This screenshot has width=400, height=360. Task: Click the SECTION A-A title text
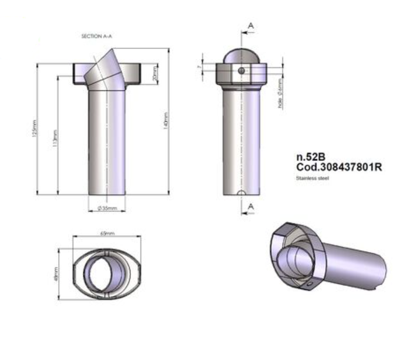click(96, 36)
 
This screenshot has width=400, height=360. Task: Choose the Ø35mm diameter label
click(107, 208)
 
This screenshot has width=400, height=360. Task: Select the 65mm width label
click(106, 233)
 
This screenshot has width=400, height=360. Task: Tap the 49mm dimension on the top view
click(56, 274)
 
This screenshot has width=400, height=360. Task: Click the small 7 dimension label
click(200, 69)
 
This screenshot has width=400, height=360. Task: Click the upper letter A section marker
click(251, 26)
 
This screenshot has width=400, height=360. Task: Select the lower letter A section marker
click(251, 206)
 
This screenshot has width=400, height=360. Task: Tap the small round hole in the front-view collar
click(241, 70)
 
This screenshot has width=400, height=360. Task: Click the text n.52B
click(310, 157)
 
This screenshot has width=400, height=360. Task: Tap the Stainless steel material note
click(313, 177)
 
